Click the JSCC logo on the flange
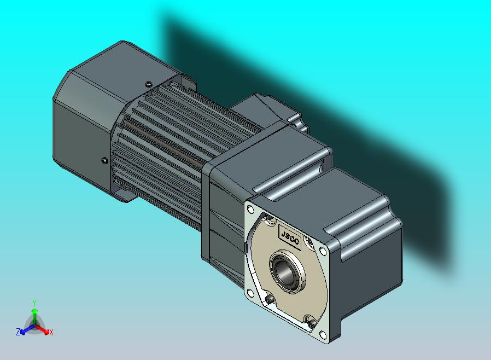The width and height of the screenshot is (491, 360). click(290, 237)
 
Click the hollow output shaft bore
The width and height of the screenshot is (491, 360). click(283, 272)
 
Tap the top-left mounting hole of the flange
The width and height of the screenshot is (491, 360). click(250, 208)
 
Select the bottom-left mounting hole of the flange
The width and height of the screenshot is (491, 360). click(250, 293)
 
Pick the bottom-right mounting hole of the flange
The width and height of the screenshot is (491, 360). click(323, 335)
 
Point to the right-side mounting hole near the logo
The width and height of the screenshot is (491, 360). click(323, 251)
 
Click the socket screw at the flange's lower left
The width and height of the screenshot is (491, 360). click(270, 300)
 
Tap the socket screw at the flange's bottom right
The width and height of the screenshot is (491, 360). click(311, 324)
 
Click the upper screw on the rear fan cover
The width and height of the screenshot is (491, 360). click(149, 84)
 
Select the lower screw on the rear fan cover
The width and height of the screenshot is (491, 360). click(105, 161)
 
